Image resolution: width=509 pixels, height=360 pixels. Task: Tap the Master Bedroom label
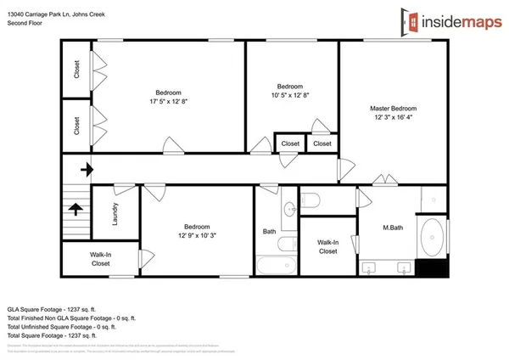point(393,109)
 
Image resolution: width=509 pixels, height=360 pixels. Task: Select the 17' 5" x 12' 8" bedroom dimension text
point(168,103)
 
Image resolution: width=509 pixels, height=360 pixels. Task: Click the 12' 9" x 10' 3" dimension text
point(196,236)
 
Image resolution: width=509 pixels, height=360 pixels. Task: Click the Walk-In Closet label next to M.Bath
point(328,247)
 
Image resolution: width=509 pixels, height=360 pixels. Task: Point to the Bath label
point(269,231)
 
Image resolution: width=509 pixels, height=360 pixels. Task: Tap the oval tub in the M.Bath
point(434,235)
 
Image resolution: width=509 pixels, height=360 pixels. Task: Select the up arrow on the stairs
point(76,207)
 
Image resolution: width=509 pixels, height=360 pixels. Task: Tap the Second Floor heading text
point(26,23)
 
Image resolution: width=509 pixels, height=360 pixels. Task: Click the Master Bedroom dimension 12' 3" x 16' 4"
point(393,118)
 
